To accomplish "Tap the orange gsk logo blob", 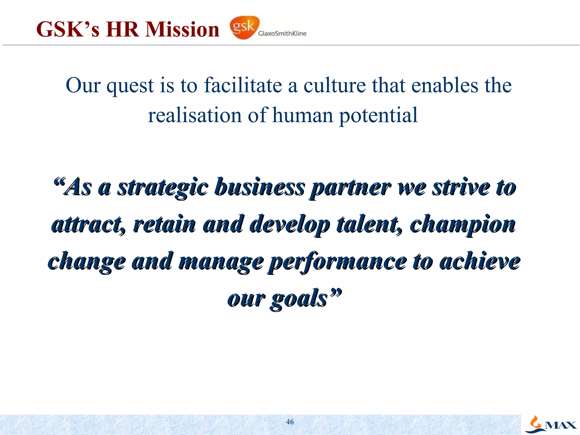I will coord(244,27).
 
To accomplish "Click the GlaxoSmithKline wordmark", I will coord(282,33).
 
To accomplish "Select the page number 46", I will coord(290,422).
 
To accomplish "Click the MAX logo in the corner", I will coord(551,425).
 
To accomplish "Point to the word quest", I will coord(130,86).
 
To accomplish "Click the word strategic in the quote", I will coord(163,188).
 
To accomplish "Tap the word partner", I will coord(350,188).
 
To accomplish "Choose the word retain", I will coord(164,224).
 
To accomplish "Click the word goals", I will coord(299,299).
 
